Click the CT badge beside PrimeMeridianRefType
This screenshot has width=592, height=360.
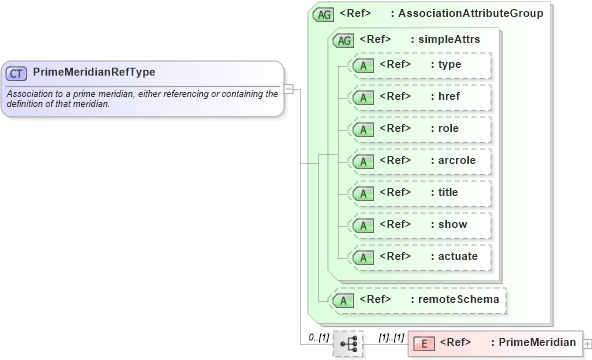16,73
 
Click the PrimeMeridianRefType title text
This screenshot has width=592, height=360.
94,73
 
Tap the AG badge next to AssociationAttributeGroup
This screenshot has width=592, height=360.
323,14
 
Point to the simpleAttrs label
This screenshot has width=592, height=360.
448,39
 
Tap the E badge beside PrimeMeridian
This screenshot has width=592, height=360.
424,343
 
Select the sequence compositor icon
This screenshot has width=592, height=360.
348,344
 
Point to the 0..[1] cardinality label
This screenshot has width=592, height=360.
318,337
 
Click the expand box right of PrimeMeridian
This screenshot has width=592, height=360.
586,343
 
